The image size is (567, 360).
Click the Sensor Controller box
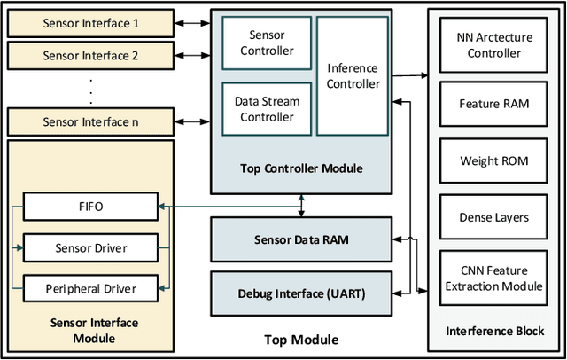point(267,43)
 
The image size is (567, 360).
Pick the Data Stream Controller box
point(267,108)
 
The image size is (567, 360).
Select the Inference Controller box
point(353,76)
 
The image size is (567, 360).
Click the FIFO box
point(90,207)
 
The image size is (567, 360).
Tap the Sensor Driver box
point(90,247)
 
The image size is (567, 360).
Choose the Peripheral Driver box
point(90,288)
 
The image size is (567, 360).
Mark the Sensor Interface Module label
point(91,331)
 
